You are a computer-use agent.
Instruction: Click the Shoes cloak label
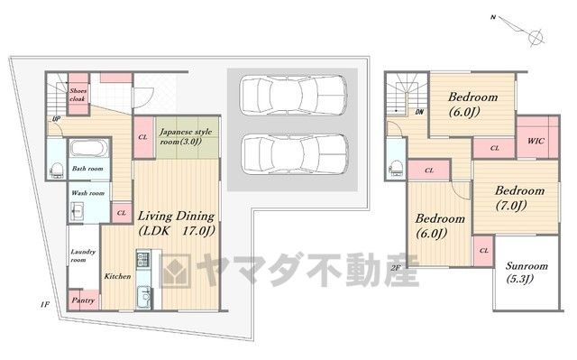78,95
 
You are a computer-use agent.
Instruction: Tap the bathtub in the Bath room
89,149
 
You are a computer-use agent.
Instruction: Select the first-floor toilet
56,171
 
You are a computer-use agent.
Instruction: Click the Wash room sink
77,212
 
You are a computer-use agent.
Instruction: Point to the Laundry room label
83,255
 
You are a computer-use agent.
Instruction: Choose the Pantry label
83,300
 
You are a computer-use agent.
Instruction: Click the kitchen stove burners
142,260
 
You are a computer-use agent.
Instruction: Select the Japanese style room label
186,136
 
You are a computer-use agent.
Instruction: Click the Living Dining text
176,216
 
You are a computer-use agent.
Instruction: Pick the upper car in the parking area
293,95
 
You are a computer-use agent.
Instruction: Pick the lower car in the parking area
294,153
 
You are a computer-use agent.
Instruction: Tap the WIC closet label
536,141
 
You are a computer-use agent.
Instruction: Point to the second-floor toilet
397,168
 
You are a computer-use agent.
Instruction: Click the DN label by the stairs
419,112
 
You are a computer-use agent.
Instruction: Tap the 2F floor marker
395,268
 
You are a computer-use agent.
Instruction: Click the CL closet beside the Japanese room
143,137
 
